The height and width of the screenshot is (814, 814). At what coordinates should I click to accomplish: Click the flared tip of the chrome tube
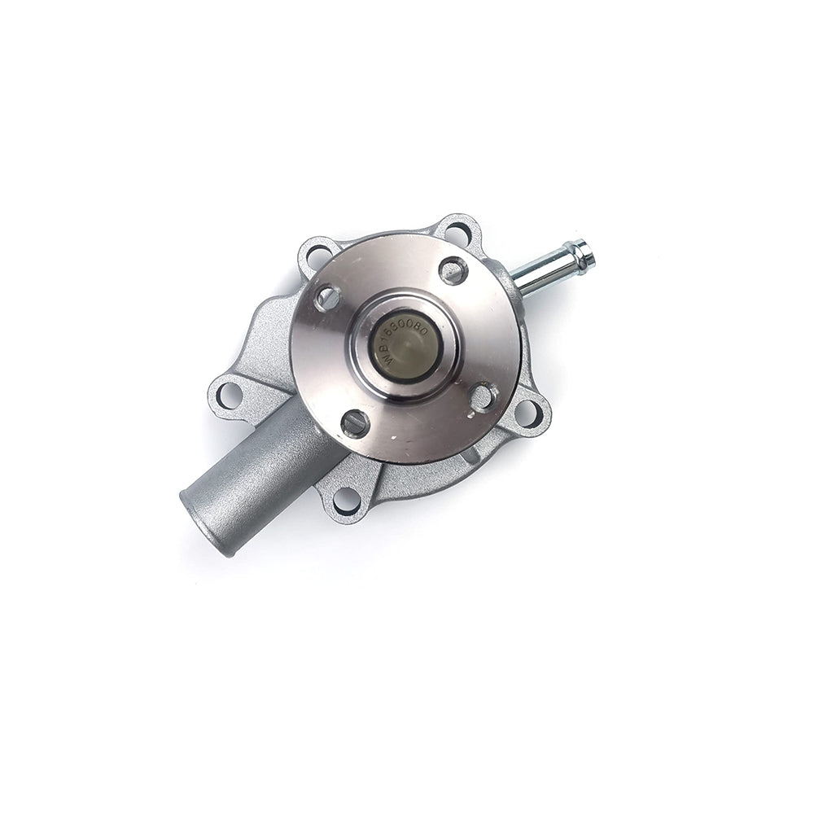(583, 254)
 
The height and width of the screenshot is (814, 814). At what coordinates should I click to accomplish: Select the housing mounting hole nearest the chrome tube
(458, 233)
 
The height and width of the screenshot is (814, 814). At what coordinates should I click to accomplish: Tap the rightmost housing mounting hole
(528, 413)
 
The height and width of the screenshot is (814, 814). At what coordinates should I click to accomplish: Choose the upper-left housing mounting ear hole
(318, 256)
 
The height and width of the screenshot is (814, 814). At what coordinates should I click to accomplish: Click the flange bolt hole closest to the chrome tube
(453, 270)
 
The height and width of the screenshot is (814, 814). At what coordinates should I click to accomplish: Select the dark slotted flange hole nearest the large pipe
(355, 422)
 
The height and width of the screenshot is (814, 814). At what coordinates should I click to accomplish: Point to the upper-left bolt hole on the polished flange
(327, 297)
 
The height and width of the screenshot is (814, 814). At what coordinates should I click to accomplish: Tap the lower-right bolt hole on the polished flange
(483, 396)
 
